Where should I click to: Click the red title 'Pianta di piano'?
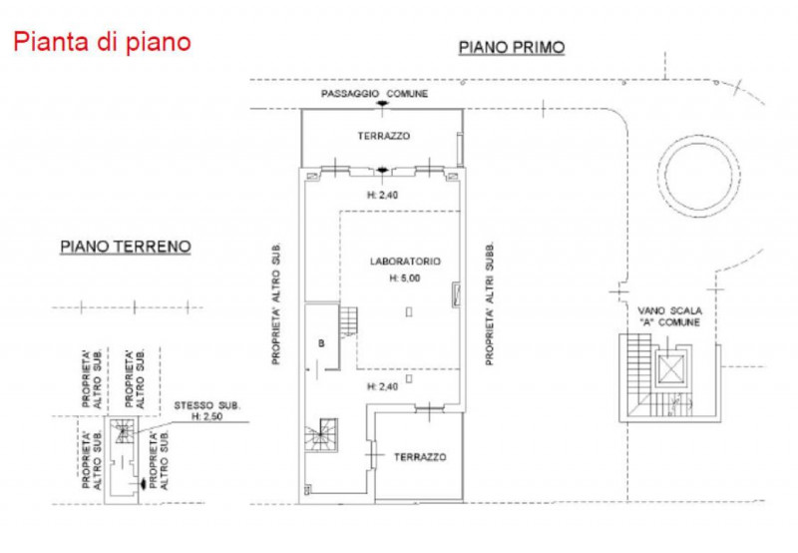(101, 43)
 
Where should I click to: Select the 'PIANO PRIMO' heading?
(511, 47)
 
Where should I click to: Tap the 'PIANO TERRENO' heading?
(125, 246)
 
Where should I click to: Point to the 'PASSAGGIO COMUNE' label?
(375, 94)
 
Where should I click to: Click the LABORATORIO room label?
(405, 262)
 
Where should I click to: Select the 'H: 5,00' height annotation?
(405, 278)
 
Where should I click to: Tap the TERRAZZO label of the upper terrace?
(383, 136)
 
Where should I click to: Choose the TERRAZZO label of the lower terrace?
(420, 456)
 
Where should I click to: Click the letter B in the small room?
(321, 342)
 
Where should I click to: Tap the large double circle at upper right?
(696, 175)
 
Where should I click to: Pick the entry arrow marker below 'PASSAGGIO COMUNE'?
(378, 105)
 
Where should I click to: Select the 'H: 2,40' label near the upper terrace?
(383, 196)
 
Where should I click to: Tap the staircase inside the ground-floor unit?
(123, 432)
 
